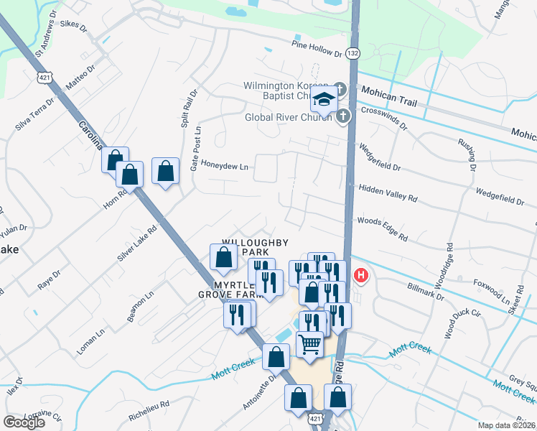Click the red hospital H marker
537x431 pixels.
(x=361, y=274)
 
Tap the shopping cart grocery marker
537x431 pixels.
(x=309, y=345)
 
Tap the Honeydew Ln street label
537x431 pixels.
(x=224, y=167)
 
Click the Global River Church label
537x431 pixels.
(x=289, y=117)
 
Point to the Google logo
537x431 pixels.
(x=24, y=422)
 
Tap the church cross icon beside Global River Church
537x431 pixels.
(x=343, y=115)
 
